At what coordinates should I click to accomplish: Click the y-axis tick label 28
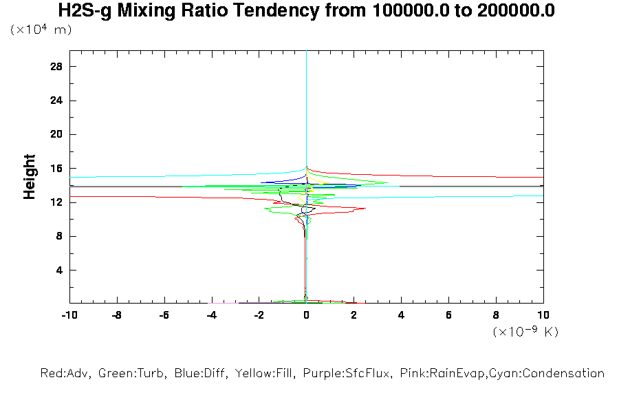point(57,67)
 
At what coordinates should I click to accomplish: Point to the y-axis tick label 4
point(60,270)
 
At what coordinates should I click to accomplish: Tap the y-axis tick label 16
point(57,169)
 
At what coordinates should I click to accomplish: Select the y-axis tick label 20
point(57,134)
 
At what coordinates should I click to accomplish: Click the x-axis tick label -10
point(69,315)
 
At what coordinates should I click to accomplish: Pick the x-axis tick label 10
point(543,315)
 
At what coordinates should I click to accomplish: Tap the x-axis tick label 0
point(307,315)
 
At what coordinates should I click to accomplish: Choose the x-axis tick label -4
point(212,315)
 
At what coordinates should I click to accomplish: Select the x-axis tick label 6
point(448,315)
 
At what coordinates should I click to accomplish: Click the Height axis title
point(30,177)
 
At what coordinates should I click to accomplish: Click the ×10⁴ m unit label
point(41,30)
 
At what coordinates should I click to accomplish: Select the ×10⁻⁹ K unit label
point(525,332)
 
